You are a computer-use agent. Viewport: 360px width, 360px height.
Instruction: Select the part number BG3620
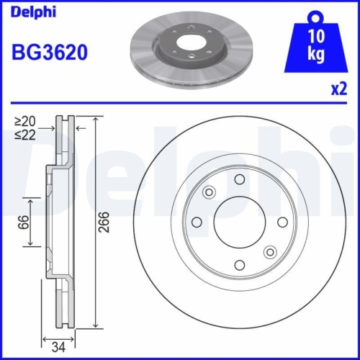(x=49, y=53)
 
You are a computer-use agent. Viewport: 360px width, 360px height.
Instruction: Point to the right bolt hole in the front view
(x=283, y=221)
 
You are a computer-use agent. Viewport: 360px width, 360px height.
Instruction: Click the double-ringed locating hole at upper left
(x=210, y=192)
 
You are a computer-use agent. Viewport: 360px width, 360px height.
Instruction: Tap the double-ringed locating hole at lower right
(x=270, y=251)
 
